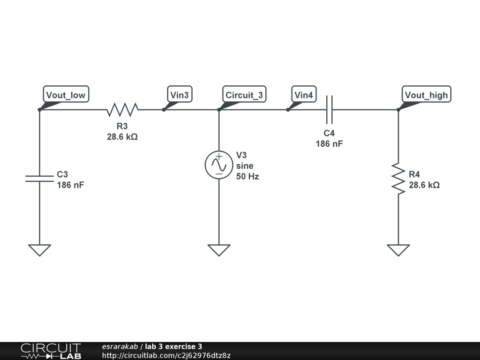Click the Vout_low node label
[66, 95]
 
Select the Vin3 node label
[180, 95]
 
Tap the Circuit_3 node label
[244, 95]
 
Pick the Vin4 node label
[304, 95]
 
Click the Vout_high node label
[426, 95]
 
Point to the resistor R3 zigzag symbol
[122, 110]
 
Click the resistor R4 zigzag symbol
[398, 179]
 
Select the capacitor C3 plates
[39, 177]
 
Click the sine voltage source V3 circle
[219, 165]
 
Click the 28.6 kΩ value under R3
[122, 137]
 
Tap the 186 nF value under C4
[329, 144]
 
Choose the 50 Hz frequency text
[247, 177]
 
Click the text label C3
[62, 174]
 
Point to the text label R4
[414, 174]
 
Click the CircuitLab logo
[51, 351]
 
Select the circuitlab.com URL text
[166, 356]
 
